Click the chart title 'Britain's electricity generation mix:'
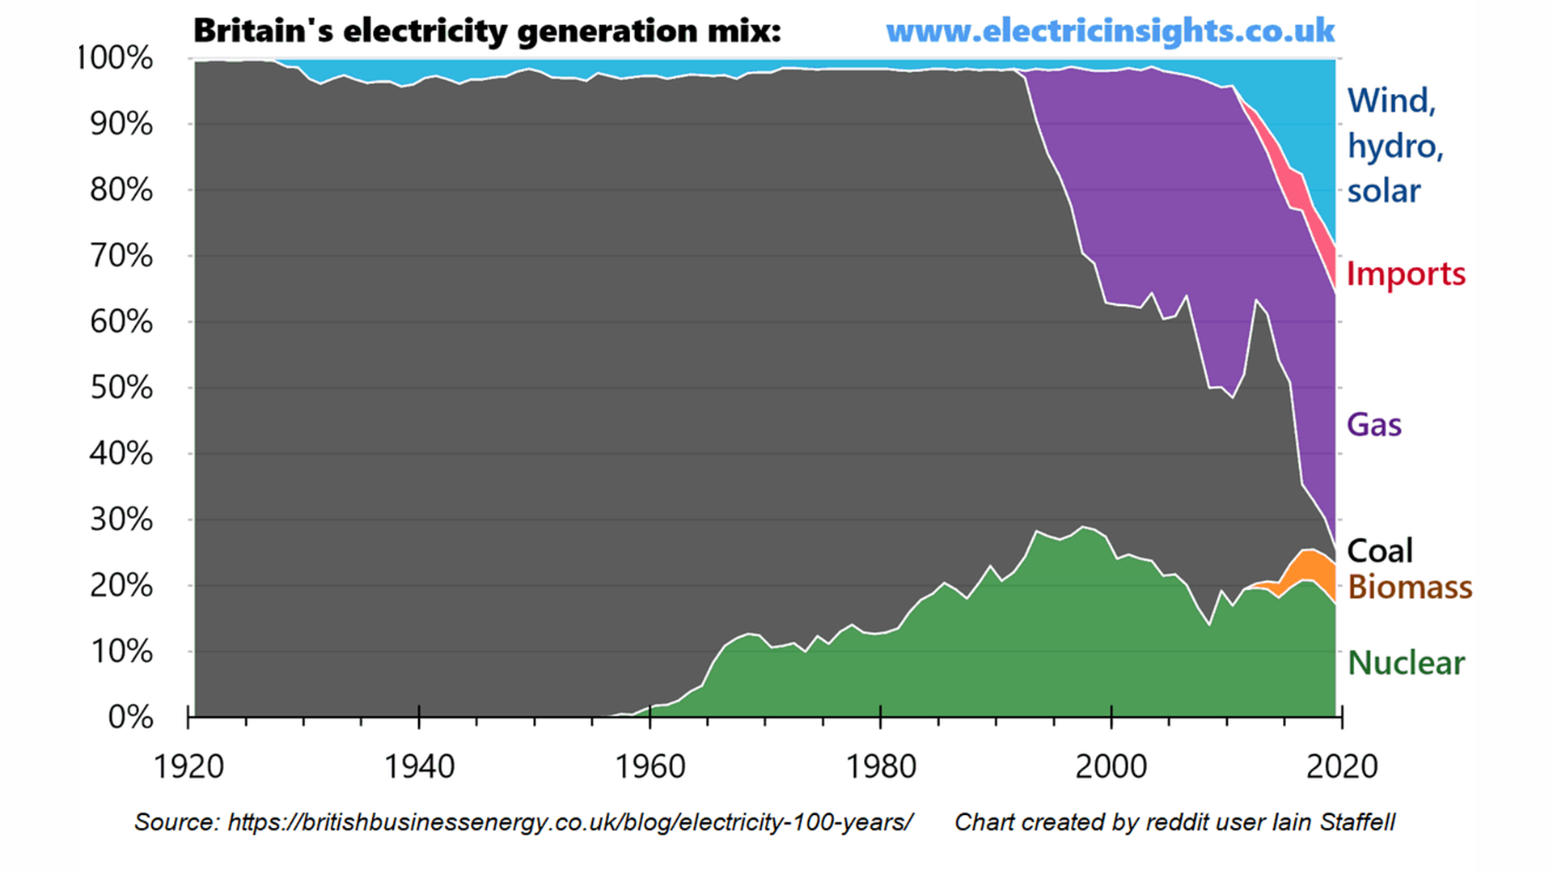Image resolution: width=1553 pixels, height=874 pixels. point(487,32)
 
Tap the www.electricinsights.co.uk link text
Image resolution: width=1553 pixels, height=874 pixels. point(1110,32)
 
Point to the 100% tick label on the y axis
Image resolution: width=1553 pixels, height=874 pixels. point(114,58)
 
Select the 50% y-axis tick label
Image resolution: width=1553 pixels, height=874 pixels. point(121,388)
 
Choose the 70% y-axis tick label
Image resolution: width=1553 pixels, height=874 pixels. point(121,256)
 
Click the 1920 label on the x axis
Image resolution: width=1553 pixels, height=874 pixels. point(188,766)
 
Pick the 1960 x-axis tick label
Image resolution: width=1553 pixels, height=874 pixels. point(650,766)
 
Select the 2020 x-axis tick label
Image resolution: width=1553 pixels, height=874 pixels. point(1341,766)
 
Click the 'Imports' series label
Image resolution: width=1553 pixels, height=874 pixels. point(1406,274)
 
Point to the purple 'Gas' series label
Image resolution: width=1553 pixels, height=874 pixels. point(1373,425)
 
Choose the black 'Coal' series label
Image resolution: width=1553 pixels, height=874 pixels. point(1379,551)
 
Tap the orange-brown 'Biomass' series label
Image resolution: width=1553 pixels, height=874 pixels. point(1410,588)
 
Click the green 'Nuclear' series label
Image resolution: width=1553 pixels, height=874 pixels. point(1406,664)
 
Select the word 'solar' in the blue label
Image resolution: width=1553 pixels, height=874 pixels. point(1383,192)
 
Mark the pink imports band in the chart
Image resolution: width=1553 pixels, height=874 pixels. point(1299,194)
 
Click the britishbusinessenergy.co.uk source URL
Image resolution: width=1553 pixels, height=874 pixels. point(569,822)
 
